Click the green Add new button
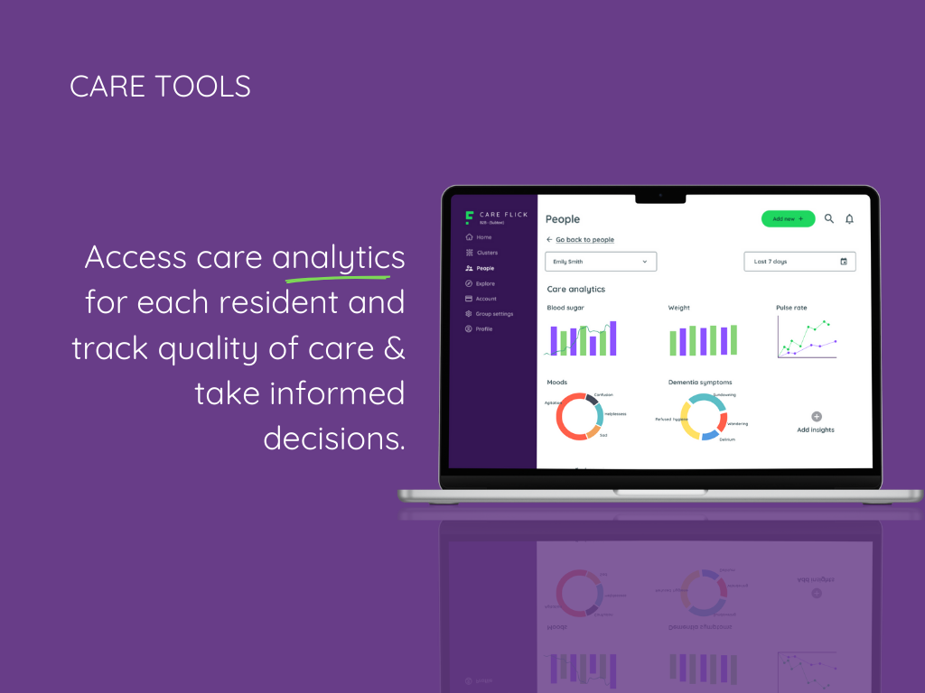[788, 219]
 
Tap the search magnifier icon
[829, 218]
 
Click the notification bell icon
[849, 219]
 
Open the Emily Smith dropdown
[601, 262]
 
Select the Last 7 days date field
[799, 262]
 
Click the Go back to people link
[584, 240]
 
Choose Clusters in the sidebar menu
[486, 253]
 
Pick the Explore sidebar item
[484, 283]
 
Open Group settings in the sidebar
[493, 314]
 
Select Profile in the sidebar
[483, 329]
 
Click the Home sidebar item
[483, 237]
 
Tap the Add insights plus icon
[817, 417]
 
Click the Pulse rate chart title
[791, 308]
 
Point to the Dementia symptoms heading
[700, 383]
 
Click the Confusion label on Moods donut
[603, 394]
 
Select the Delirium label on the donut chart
[727, 439]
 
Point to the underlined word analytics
[339, 258]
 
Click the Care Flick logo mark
[469, 217]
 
